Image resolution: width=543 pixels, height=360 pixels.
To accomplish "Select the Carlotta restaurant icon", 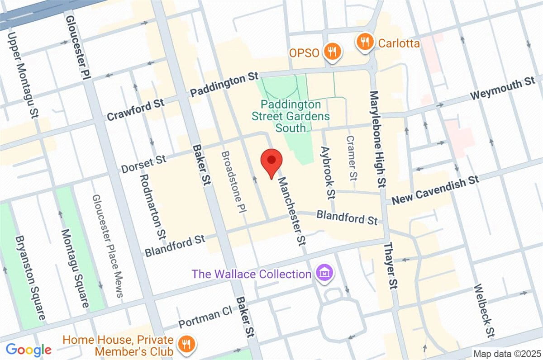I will point(364,43).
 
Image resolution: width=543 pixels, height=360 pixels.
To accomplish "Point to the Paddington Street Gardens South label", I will point(291,116).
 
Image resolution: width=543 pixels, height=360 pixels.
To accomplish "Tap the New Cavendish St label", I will point(435,190).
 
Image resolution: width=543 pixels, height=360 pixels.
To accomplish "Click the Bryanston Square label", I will point(31,277).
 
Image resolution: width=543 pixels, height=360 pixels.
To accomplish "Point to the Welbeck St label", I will point(483,311).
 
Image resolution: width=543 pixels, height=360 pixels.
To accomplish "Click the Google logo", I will point(28,349).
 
